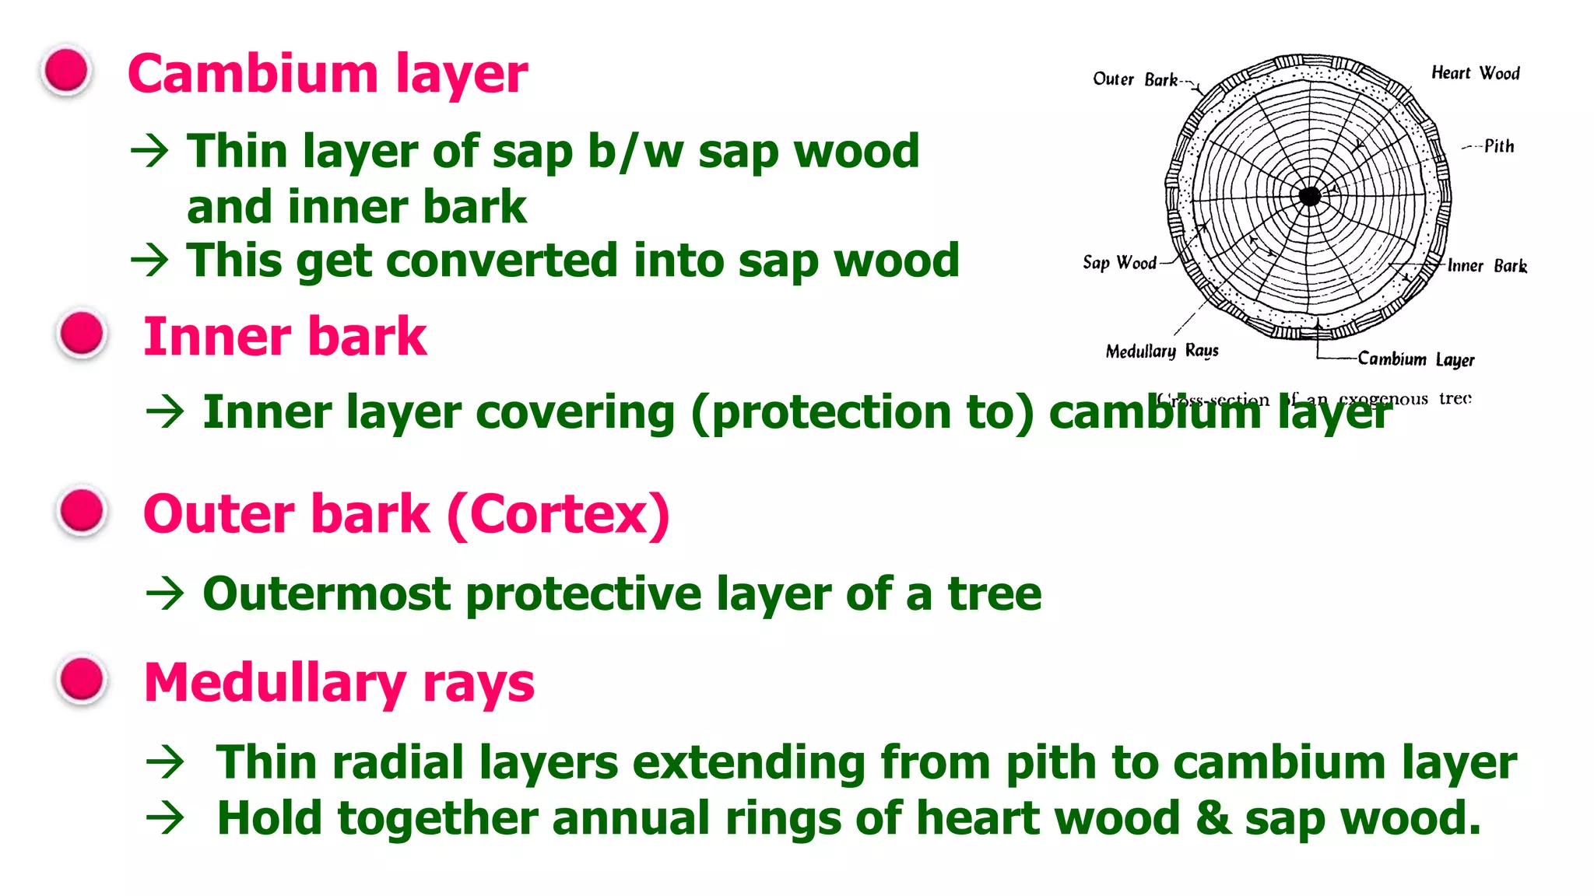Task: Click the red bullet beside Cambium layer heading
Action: click(x=67, y=71)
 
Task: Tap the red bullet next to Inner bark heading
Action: click(x=82, y=334)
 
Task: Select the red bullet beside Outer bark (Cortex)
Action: click(x=82, y=512)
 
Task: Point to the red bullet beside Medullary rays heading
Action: click(x=82, y=680)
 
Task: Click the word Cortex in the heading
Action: click(x=559, y=515)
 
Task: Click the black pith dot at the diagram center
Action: click(x=1310, y=196)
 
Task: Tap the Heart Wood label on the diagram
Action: click(x=1475, y=73)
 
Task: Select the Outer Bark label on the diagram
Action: click(x=1135, y=79)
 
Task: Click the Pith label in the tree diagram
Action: click(x=1498, y=146)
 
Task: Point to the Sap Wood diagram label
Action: click(x=1119, y=263)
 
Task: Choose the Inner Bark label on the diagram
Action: click(x=1487, y=266)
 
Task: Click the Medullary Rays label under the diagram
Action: click(x=1161, y=352)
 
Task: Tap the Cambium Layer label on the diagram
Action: click(x=1416, y=359)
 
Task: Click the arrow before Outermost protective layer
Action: click(x=165, y=595)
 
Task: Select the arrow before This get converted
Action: click(x=149, y=261)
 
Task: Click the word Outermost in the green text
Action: click(x=326, y=594)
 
